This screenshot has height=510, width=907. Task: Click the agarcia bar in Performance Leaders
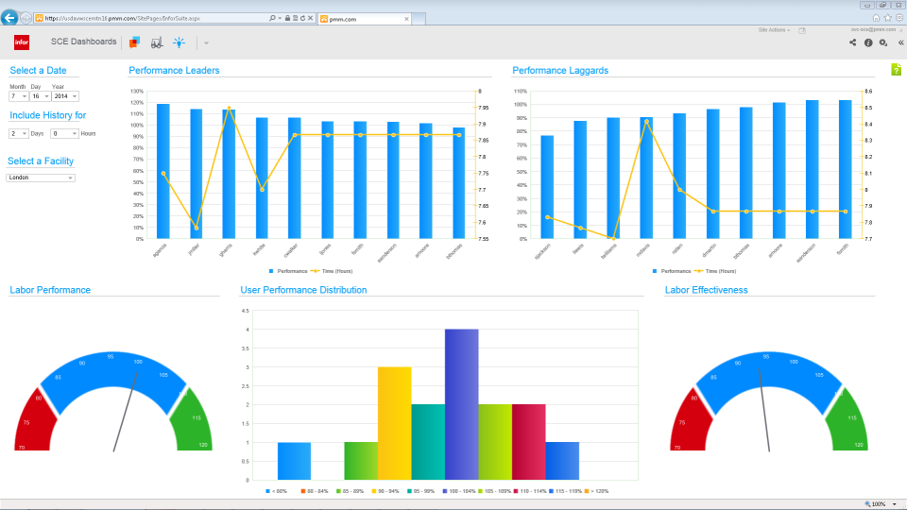click(163, 171)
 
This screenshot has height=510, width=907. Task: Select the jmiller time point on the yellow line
click(197, 228)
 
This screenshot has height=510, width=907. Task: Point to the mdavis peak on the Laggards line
click(646, 121)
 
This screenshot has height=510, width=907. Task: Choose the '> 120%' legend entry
click(597, 491)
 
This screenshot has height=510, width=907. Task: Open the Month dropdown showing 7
click(19, 96)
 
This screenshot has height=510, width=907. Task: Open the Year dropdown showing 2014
click(65, 96)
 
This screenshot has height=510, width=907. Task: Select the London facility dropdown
click(41, 177)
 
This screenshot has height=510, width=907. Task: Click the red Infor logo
click(22, 42)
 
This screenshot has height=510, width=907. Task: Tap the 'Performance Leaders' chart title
click(174, 70)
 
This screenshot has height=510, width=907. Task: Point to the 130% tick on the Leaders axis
click(137, 92)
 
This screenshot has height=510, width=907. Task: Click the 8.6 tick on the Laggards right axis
click(868, 92)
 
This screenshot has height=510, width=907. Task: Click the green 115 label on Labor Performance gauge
click(196, 417)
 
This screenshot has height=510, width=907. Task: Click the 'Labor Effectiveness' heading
click(706, 290)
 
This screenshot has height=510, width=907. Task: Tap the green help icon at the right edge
click(896, 69)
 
